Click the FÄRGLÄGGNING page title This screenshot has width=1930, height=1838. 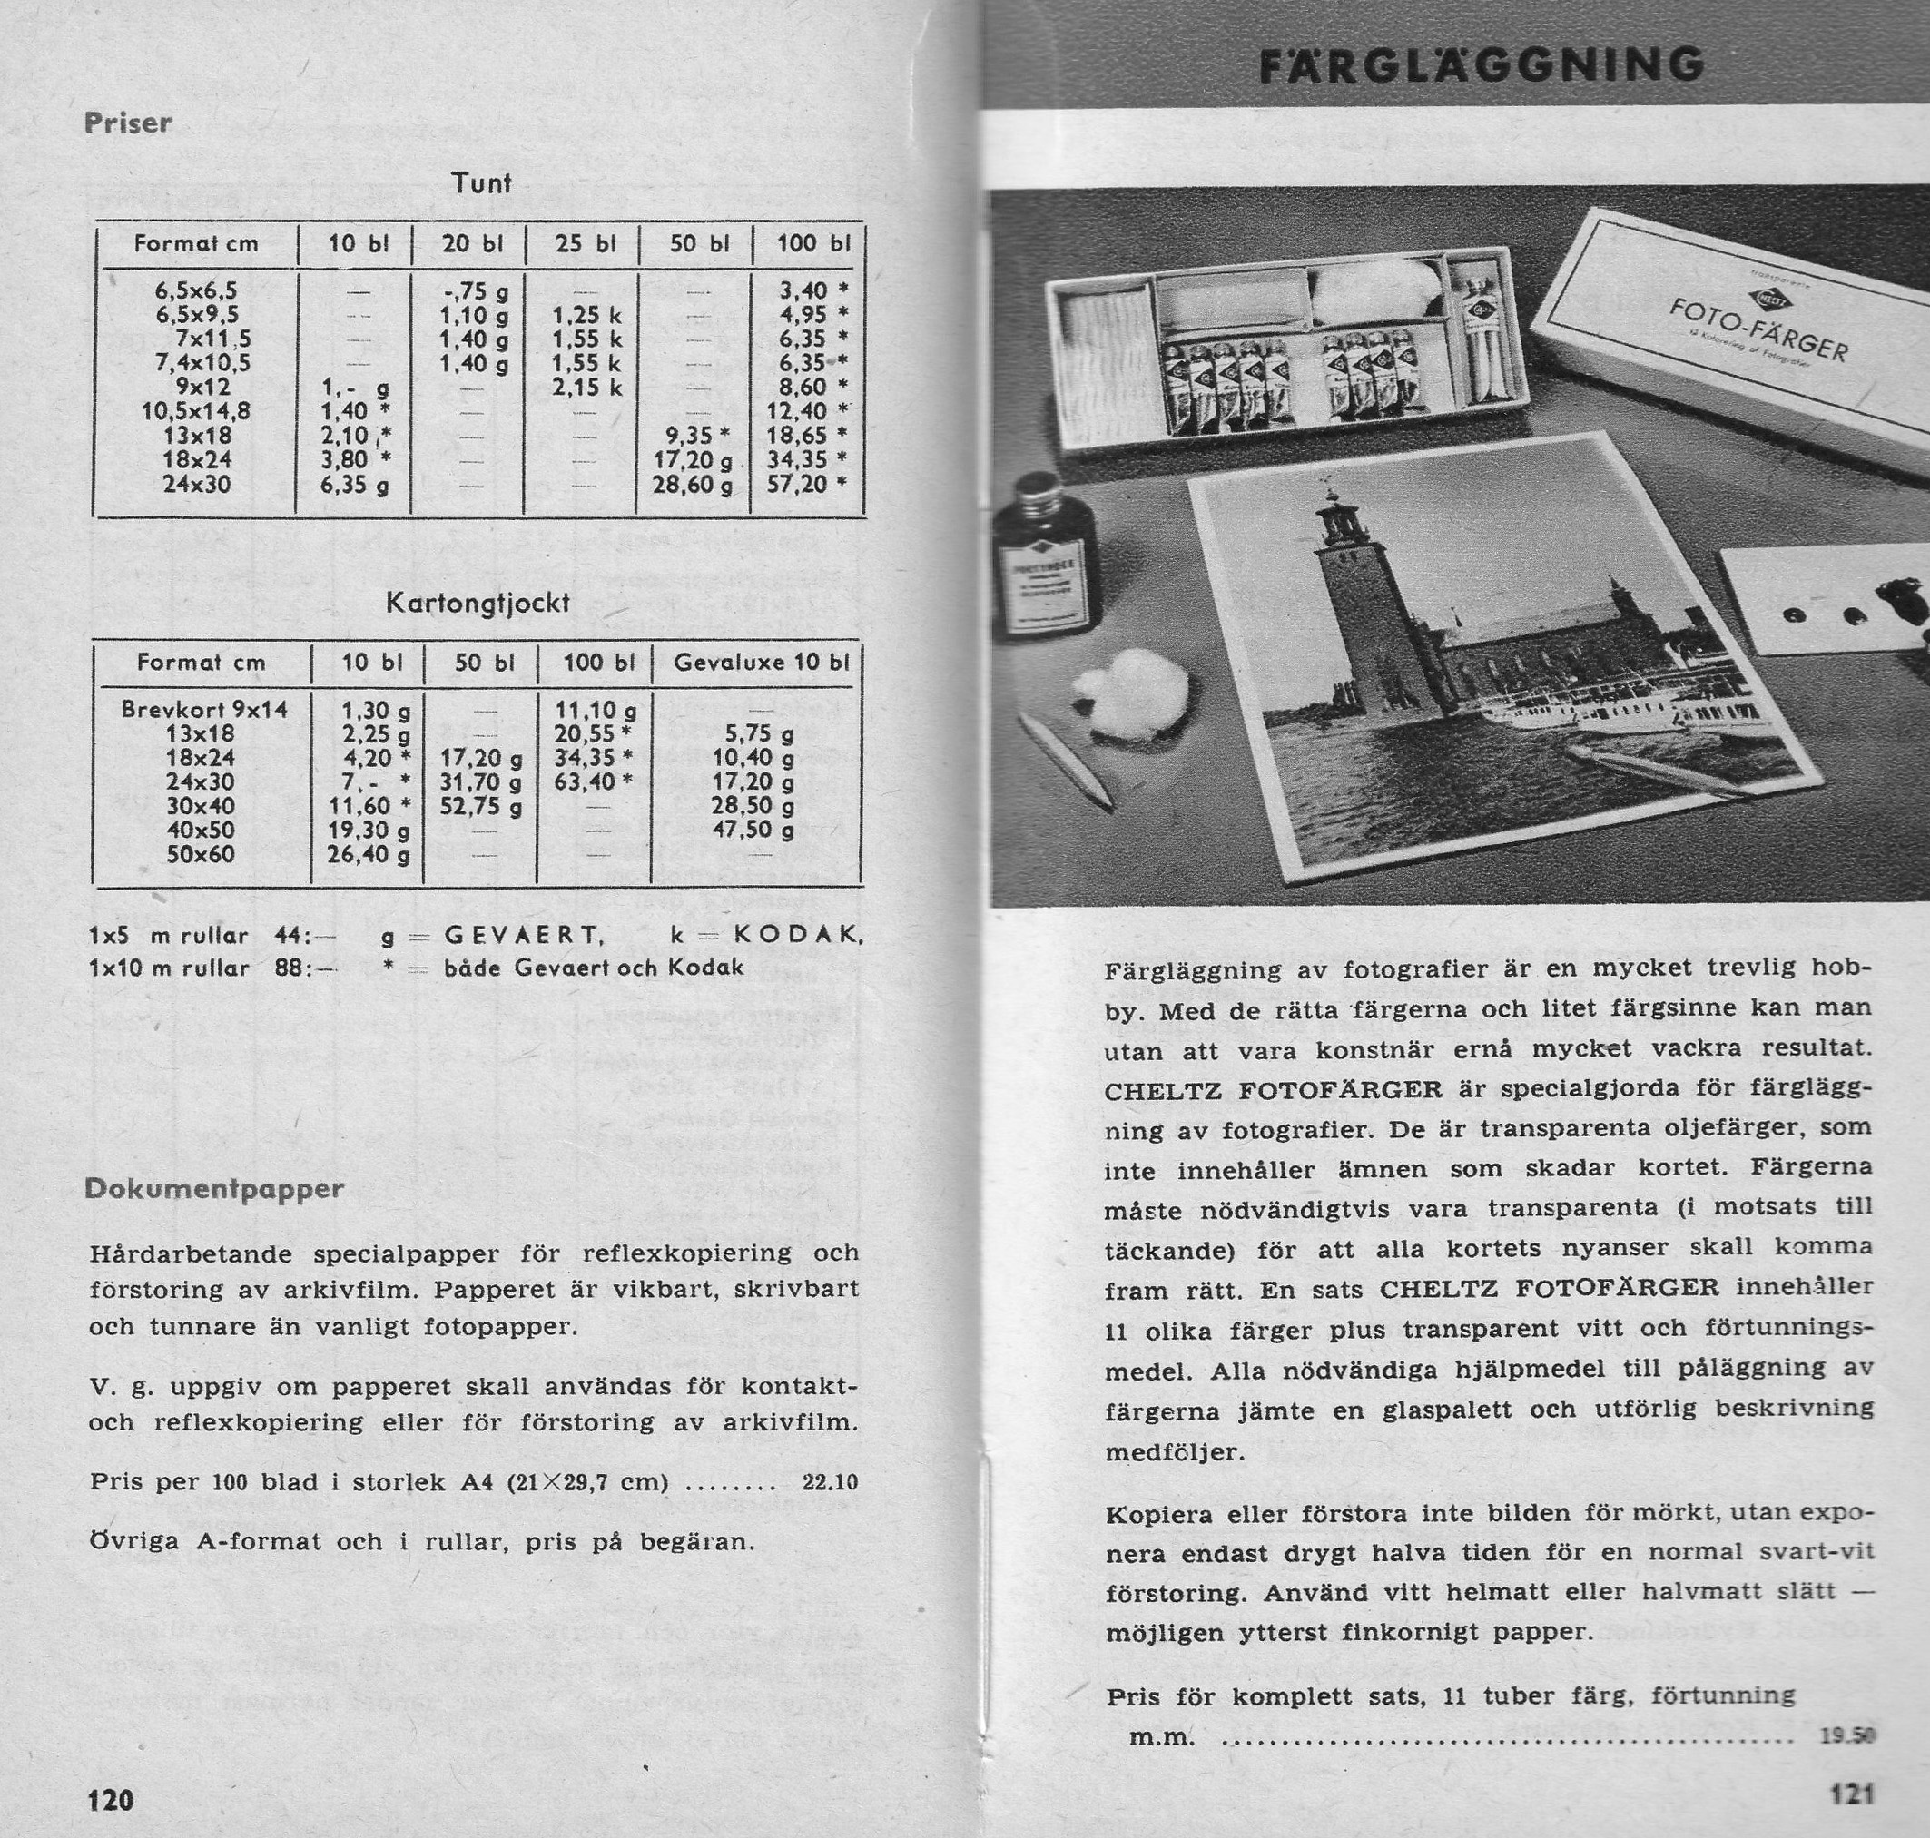tap(1481, 65)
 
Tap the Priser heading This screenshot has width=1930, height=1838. tap(128, 123)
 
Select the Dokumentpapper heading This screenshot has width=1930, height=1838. tap(213, 1189)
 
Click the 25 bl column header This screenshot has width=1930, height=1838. tap(584, 243)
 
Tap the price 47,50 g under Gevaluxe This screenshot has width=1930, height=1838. tap(753, 830)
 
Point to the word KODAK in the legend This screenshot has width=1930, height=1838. tap(795, 936)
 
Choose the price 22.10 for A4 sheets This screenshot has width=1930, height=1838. tap(830, 1482)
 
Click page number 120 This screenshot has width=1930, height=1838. tap(111, 1800)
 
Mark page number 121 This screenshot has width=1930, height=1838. tap(1852, 1793)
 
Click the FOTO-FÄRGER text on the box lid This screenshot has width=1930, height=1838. tap(1758, 331)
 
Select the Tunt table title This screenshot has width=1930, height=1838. tap(481, 183)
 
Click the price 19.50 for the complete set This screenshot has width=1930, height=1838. tap(1846, 1735)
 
